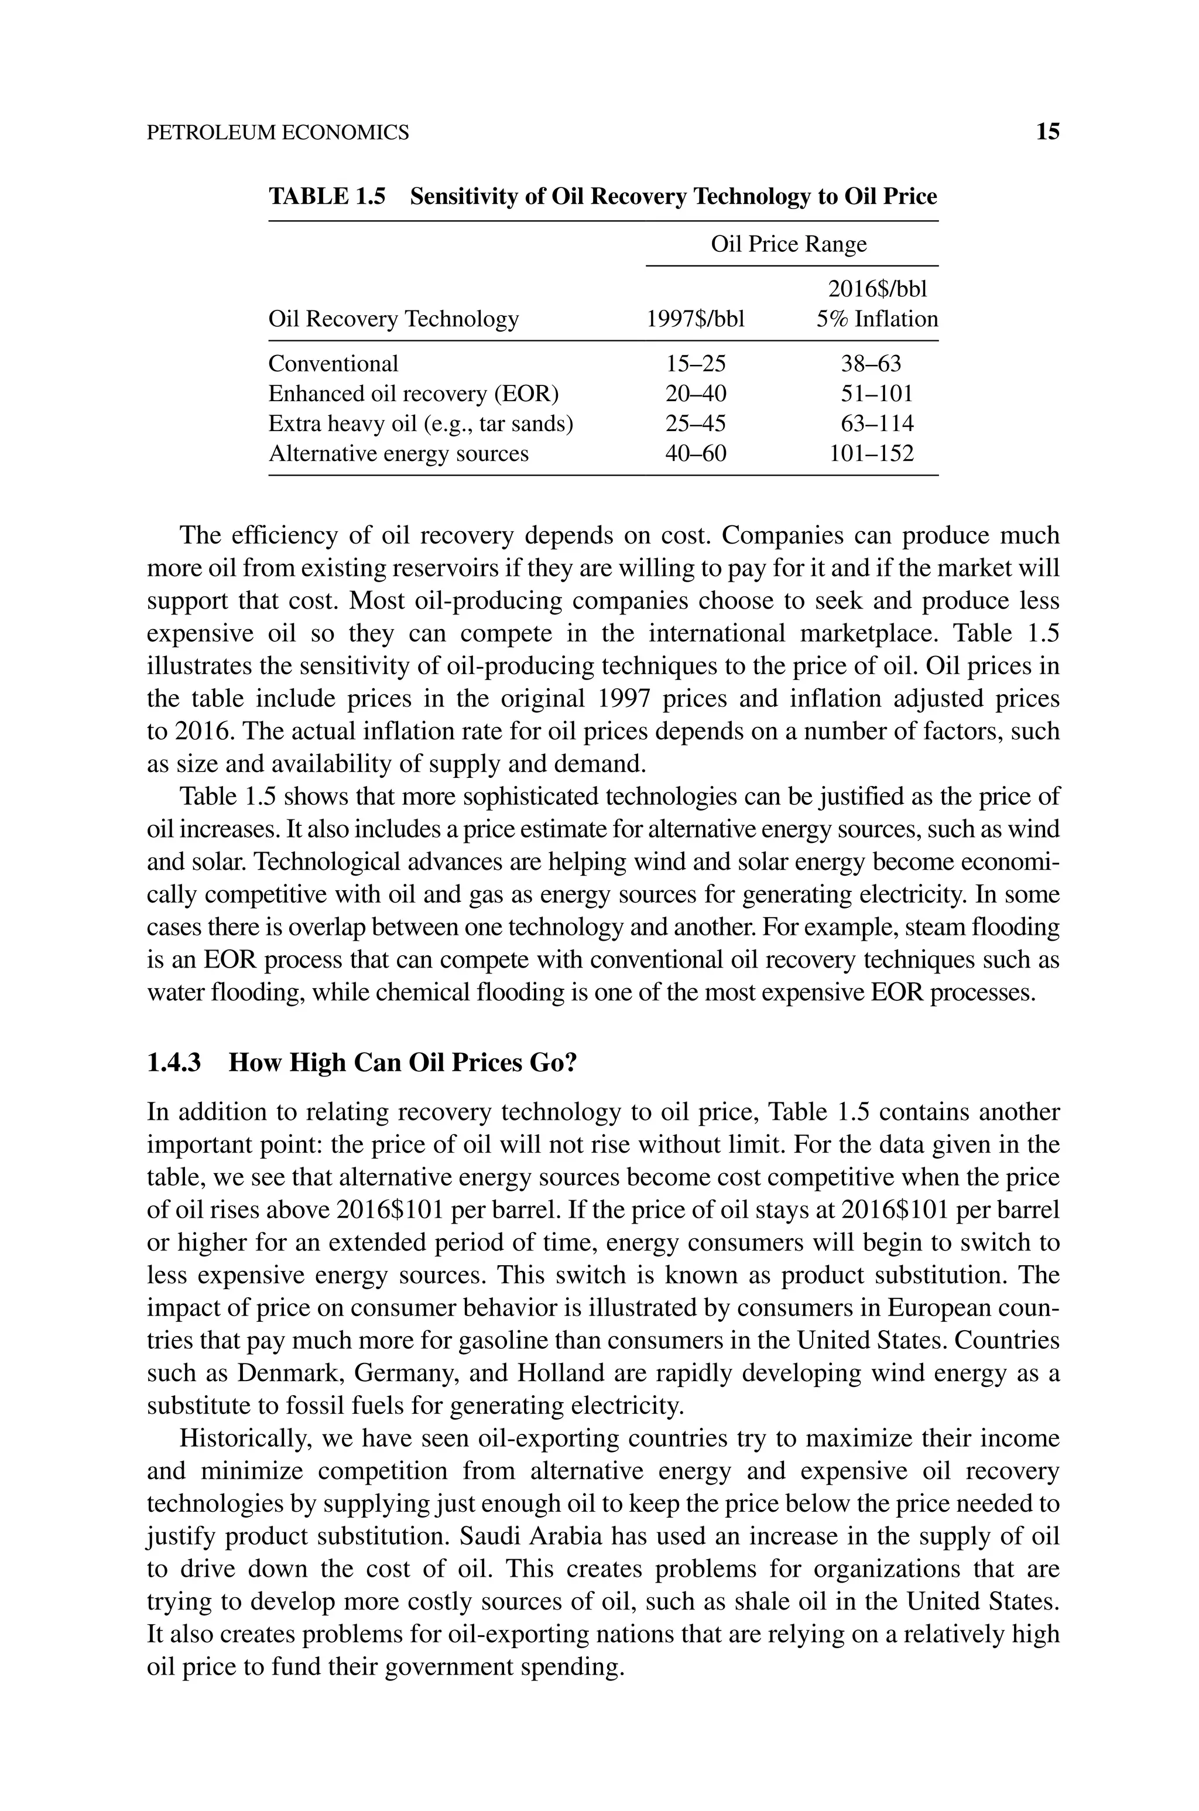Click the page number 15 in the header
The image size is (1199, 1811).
pyautogui.click(x=1047, y=132)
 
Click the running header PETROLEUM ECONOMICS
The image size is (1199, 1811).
pyautogui.click(x=278, y=133)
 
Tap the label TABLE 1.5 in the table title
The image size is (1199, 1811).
pyautogui.click(x=327, y=197)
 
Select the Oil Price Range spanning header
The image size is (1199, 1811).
pyautogui.click(x=789, y=244)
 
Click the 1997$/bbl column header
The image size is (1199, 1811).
pyautogui.click(x=695, y=318)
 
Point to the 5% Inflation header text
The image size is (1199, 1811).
pyautogui.click(x=876, y=318)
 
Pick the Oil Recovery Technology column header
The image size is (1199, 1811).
pyautogui.click(x=393, y=318)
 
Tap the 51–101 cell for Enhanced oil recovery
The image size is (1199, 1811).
pyautogui.click(x=876, y=394)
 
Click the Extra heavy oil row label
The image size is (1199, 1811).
pyautogui.click(x=420, y=423)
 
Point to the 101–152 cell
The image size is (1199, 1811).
pyautogui.click(x=872, y=453)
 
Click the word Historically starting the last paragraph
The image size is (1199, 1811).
pyautogui.click(x=245, y=1438)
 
